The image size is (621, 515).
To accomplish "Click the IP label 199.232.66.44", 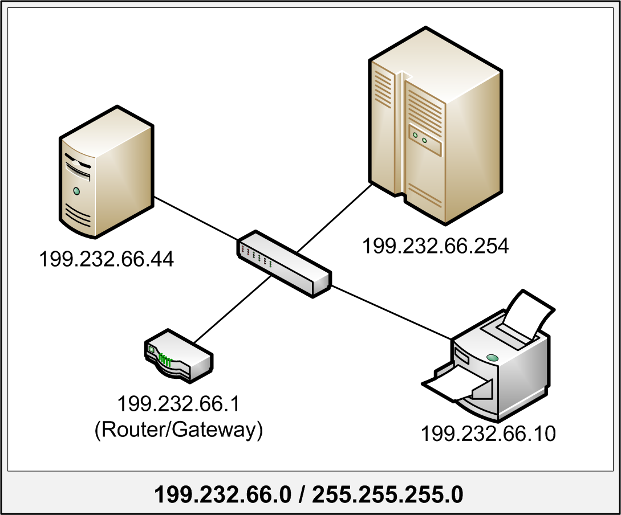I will point(106,260).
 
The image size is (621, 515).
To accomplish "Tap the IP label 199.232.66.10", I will point(488,434).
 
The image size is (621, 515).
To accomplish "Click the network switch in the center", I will point(283,263).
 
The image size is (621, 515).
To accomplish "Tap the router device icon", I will point(178,356).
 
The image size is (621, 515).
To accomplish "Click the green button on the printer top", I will point(492,358).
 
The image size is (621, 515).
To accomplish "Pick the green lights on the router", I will point(165,359).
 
